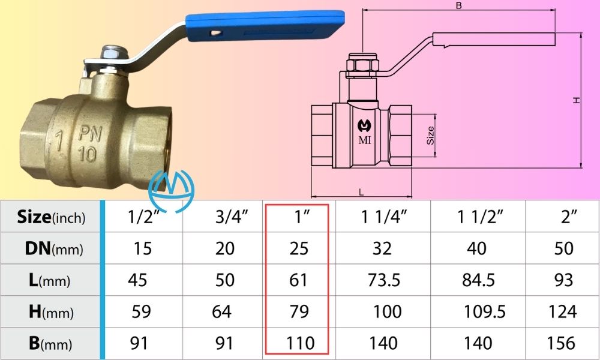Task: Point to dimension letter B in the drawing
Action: coord(459,5)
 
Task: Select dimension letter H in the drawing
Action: coord(577,100)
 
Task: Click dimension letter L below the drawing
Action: coord(361,191)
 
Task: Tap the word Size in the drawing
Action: coord(430,136)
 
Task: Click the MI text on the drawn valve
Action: coord(364,140)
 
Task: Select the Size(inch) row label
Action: coord(52,217)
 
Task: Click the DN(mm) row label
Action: coord(52,248)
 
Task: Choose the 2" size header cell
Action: coord(564,217)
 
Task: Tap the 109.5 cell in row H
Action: coord(485,311)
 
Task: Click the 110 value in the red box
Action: coord(300,343)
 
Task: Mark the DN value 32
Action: coord(382,248)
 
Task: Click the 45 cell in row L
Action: coord(138,280)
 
